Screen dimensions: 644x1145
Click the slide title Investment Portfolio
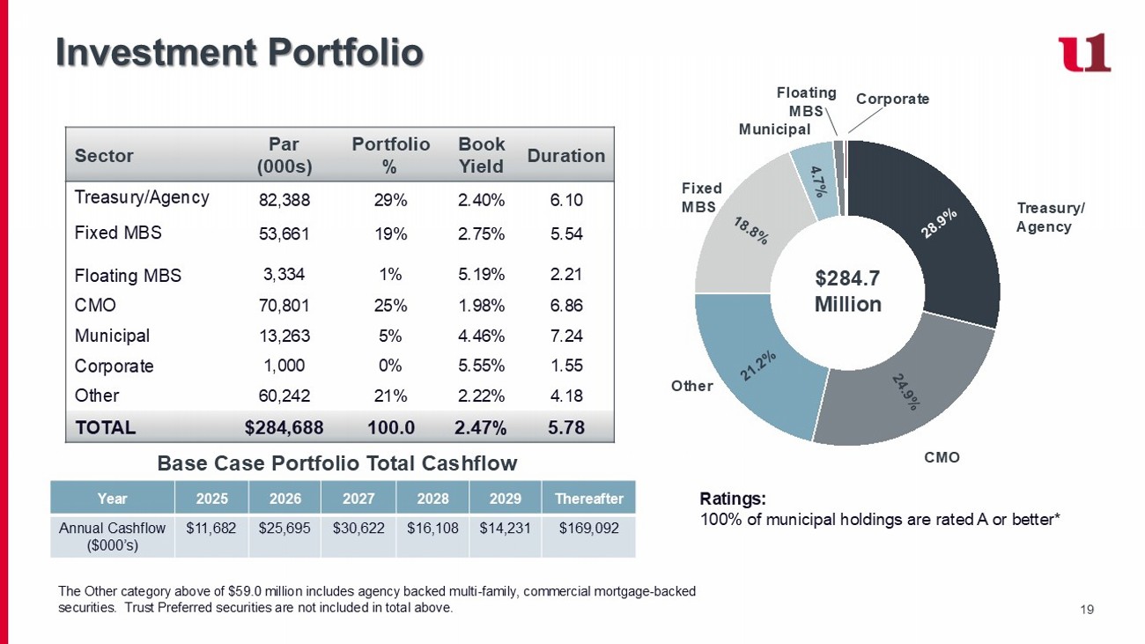[x=240, y=52]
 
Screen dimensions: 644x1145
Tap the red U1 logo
[x=1084, y=54]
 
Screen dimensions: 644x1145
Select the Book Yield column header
[x=482, y=155]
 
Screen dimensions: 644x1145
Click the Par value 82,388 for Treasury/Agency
[x=284, y=200]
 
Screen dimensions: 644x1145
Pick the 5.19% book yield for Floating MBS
[x=482, y=274]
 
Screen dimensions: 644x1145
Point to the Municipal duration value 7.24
[x=566, y=336]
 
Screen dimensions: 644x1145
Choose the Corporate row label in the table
[x=114, y=366]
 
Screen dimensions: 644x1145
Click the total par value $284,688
[x=284, y=428]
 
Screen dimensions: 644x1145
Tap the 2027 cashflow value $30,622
[x=358, y=529]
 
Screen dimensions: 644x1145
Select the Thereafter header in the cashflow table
[x=589, y=499]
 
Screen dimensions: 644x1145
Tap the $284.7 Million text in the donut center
[x=847, y=292]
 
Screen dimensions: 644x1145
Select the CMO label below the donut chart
[x=942, y=457]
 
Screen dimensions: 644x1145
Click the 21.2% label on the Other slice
[x=757, y=366]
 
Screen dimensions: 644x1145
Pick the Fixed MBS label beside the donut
[x=701, y=197]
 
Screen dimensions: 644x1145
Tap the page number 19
[x=1086, y=608]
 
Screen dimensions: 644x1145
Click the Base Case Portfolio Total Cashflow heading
[x=336, y=463]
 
